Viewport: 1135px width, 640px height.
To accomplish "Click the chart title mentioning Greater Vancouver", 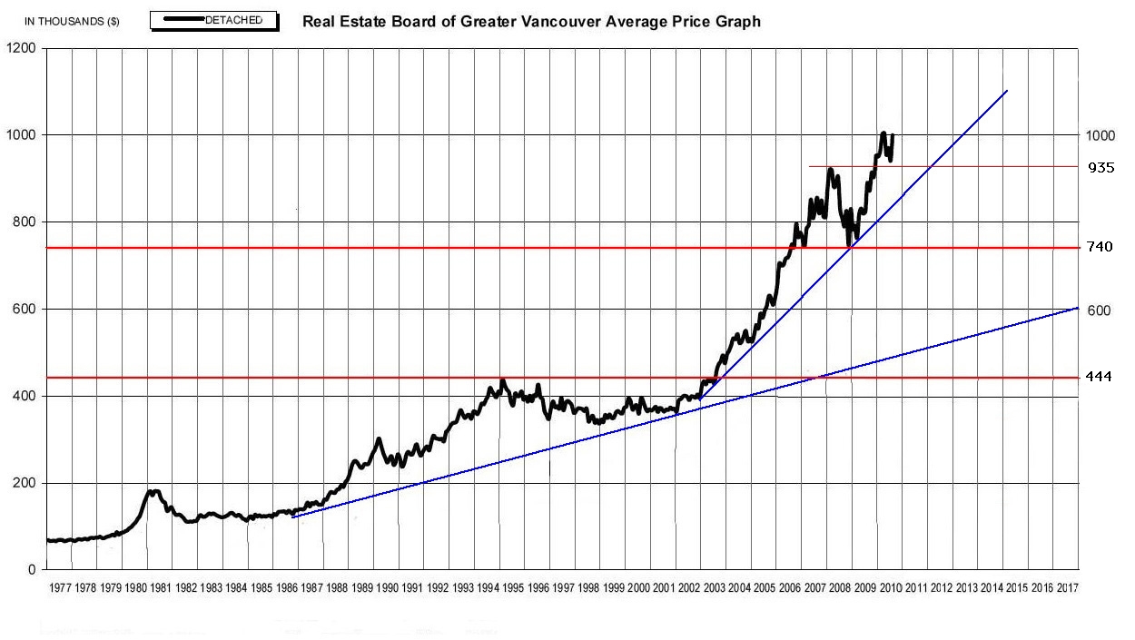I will pos(531,21).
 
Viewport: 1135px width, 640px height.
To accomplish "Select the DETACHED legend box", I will pos(214,20).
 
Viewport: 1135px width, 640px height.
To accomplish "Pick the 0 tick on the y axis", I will pos(32,570).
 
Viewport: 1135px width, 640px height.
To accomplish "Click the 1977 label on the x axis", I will pos(61,588).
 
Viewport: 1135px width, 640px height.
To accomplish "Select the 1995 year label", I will pos(513,588).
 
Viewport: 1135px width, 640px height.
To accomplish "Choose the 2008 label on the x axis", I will pos(840,588).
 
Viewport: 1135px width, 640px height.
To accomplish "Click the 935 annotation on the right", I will pos(1101,168).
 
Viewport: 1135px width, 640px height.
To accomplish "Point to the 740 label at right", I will pos(1100,247).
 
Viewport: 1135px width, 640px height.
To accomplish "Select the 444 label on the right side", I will pos(1100,377).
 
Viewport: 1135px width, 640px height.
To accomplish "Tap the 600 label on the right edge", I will pos(1100,310).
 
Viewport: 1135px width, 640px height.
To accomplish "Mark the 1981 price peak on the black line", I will pos(153,491).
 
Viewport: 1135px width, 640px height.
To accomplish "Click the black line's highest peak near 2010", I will pos(883,133).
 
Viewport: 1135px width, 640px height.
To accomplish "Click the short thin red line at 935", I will pos(935,166).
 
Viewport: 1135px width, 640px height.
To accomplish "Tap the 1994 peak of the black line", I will pos(503,380).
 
